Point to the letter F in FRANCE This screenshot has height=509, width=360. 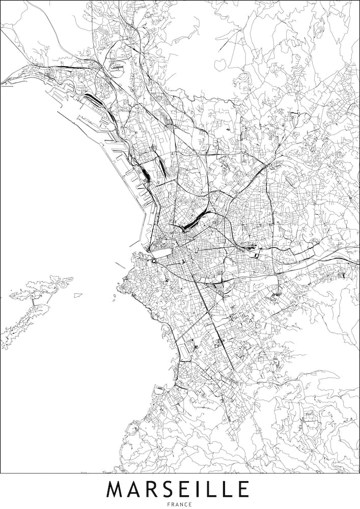click(169, 504)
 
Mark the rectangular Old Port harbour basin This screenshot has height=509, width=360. click(161, 252)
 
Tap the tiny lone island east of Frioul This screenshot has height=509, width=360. click(78, 295)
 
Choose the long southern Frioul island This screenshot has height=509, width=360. click(23, 323)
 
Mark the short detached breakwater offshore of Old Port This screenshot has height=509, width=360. click(120, 265)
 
